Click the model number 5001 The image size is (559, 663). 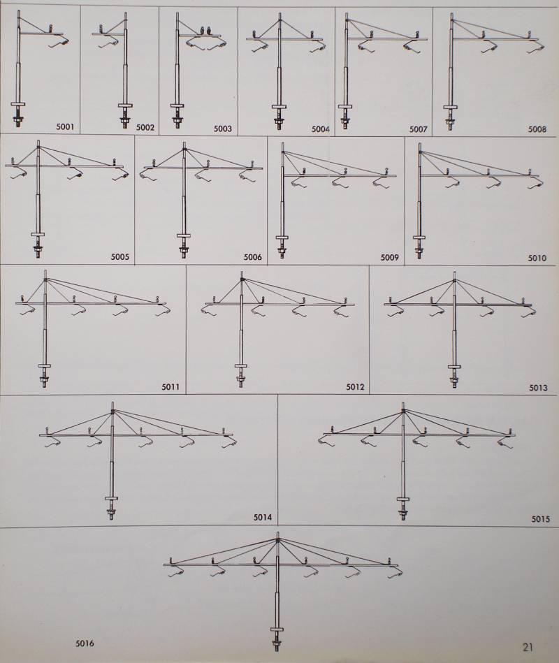coord(66,126)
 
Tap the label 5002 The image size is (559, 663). coord(145,127)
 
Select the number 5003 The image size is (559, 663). coord(222,129)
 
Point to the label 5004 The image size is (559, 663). coord(321,129)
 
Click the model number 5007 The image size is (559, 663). coord(418,129)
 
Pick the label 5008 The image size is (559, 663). coord(537,129)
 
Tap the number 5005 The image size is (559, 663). coord(120,256)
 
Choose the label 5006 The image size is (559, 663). coord(252,257)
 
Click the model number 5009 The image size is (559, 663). coord(389,258)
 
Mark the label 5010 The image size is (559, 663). coord(537,258)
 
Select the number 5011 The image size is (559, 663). coord(170,386)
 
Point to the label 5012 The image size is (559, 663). coord(355,387)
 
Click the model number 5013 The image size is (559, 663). coord(538,388)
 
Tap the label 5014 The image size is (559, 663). coord(263,517)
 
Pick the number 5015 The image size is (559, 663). coord(541,519)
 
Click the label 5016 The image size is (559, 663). coord(85,644)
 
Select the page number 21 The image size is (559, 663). coord(528,647)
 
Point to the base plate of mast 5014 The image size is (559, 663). coord(111,498)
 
